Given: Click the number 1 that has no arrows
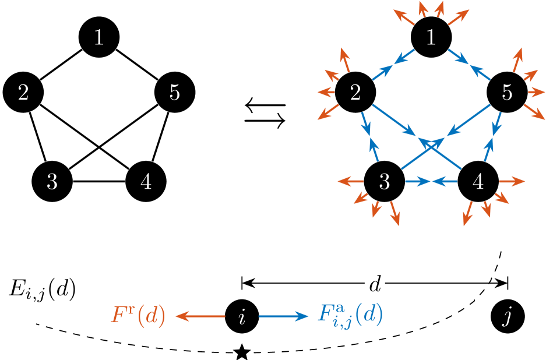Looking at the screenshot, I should click(x=99, y=38).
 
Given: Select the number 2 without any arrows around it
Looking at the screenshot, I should click(x=23, y=93).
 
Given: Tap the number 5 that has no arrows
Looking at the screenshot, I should click(x=174, y=93).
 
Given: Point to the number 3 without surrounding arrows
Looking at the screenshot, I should click(x=52, y=182).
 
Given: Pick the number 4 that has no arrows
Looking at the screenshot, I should click(x=146, y=182).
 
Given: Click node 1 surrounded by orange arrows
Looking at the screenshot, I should click(x=431, y=38).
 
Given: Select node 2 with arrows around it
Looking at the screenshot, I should click(x=355, y=93).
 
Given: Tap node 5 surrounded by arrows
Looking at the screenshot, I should click(x=506, y=93).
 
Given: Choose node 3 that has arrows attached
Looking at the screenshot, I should click(x=384, y=182).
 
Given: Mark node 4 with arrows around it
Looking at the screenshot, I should click(x=478, y=182).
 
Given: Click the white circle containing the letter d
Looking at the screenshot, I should click(x=375, y=284).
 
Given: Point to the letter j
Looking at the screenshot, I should click(x=507, y=317).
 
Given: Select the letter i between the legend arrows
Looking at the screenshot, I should click(x=242, y=317).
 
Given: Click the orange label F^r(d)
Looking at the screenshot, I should click(x=138, y=316).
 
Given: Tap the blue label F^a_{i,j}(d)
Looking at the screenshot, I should click(x=350, y=316).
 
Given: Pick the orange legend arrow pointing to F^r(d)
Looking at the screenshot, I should click(x=200, y=316).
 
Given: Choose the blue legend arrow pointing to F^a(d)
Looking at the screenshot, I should click(x=284, y=316).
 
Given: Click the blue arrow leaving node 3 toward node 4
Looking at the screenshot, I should click(x=418, y=182).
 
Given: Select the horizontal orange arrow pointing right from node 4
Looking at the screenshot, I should click(x=512, y=181).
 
